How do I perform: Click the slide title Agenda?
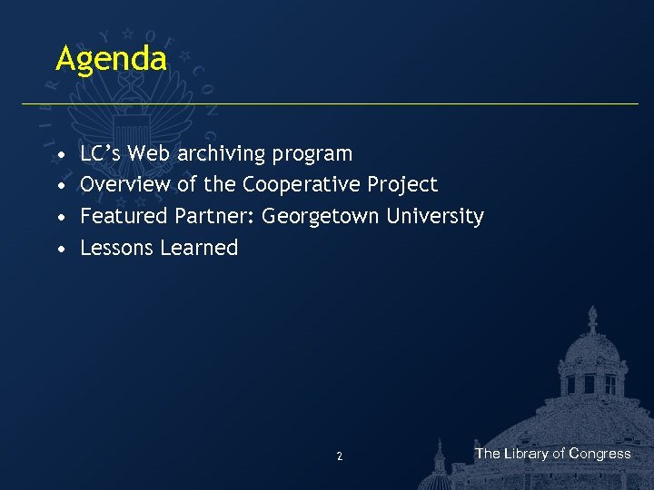111,60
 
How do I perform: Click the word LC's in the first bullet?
101,153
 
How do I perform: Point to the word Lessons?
117,248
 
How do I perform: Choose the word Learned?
199,248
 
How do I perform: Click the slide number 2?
339,456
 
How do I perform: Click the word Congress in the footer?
599,454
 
